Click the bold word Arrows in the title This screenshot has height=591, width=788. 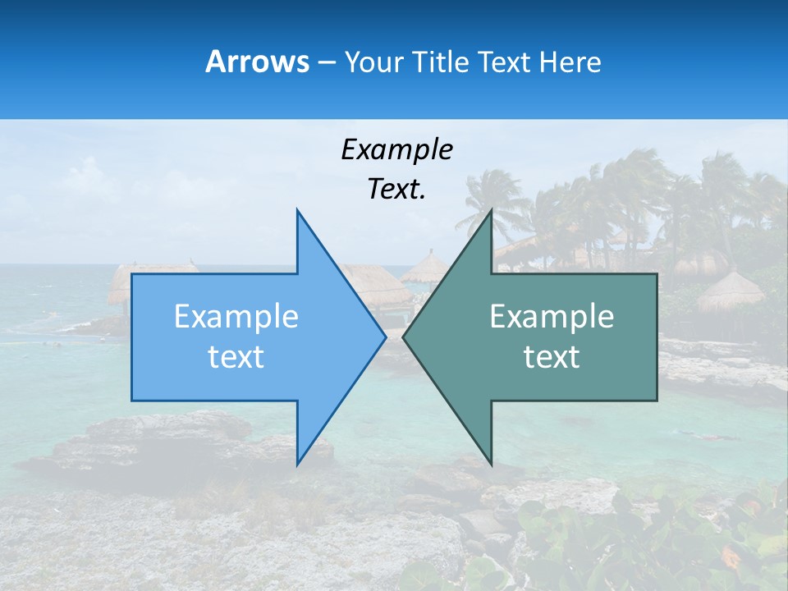(257, 62)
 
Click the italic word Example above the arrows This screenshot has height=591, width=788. (396, 149)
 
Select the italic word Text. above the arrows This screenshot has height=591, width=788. (396, 189)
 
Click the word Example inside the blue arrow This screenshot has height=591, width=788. (236, 317)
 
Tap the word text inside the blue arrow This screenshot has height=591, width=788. (236, 356)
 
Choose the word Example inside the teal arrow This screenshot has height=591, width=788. (552, 317)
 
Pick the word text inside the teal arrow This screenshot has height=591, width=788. (552, 356)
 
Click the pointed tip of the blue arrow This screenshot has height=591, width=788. (386, 337)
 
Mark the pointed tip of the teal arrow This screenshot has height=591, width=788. (403, 337)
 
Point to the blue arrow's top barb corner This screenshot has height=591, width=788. (297, 210)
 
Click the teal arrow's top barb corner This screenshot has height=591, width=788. (491, 210)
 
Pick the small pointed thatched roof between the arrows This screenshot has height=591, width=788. (425, 268)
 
